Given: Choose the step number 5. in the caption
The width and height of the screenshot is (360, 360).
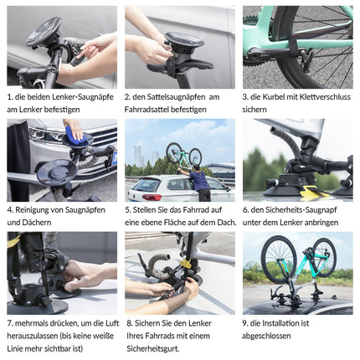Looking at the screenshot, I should click(128, 209).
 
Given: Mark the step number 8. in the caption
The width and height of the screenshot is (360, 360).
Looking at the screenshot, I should click(128, 322).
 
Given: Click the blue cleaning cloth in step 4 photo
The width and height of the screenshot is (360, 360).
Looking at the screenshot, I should click(76, 135).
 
